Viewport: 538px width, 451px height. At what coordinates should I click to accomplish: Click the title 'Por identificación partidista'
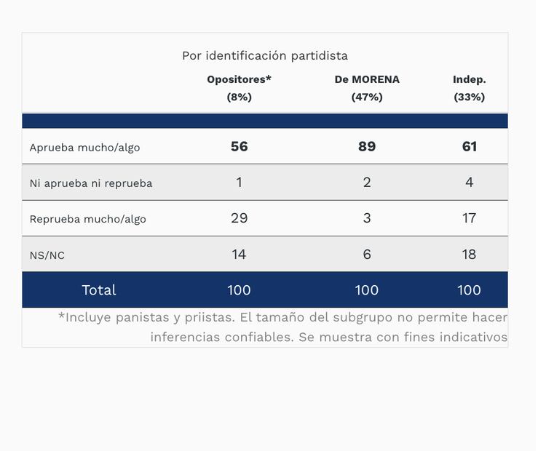click(265, 56)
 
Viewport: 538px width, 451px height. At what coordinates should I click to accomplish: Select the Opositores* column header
click(239, 79)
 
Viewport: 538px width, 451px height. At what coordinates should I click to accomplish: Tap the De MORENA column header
click(367, 79)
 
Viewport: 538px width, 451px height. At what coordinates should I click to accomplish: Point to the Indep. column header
click(469, 79)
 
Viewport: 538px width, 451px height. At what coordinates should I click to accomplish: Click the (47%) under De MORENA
click(367, 97)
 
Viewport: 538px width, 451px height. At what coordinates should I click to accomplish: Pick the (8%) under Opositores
click(239, 97)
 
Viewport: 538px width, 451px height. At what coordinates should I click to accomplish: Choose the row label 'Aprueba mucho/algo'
click(84, 148)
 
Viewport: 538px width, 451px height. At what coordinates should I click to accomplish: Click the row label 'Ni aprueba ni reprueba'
click(91, 183)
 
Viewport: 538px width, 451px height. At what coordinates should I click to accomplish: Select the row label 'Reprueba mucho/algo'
click(87, 219)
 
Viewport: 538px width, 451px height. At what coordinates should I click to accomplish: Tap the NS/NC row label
click(47, 255)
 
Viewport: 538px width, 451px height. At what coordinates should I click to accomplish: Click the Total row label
click(98, 290)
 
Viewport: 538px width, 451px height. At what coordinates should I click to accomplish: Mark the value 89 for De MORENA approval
click(367, 147)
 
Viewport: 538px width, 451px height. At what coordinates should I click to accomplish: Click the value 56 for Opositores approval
click(239, 147)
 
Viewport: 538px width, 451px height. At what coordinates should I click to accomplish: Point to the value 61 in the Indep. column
click(469, 147)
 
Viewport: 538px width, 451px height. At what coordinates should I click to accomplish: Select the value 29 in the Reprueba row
click(239, 218)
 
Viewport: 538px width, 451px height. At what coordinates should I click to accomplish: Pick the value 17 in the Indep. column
click(469, 218)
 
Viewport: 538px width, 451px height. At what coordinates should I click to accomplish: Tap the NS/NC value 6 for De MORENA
click(367, 255)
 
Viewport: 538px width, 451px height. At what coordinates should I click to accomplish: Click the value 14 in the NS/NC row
click(239, 255)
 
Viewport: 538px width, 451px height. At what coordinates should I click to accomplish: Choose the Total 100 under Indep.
click(469, 290)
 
